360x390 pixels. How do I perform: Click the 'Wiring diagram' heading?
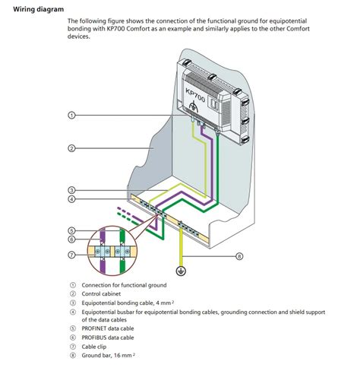tap(39, 9)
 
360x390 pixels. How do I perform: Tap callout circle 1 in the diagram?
tap(72, 116)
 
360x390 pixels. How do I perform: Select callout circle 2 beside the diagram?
tap(72, 148)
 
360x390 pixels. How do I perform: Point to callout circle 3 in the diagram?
tap(72, 190)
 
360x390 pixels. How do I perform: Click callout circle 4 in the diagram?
tap(72, 199)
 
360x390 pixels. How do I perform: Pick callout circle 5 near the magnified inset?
tap(72, 230)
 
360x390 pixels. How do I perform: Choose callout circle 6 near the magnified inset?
tap(72, 239)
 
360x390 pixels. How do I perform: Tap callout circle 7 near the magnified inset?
tap(72, 255)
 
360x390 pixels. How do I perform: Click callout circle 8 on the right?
tap(239, 256)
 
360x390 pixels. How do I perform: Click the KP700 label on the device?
tap(195, 95)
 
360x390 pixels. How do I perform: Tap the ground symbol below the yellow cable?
tap(181, 271)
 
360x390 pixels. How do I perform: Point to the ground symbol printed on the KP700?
tap(194, 106)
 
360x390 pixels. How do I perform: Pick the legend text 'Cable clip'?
tap(94, 347)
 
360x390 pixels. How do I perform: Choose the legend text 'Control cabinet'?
tap(101, 294)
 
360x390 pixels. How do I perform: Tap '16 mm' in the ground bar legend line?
tap(123, 356)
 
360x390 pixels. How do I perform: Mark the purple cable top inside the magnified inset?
tap(103, 235)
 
